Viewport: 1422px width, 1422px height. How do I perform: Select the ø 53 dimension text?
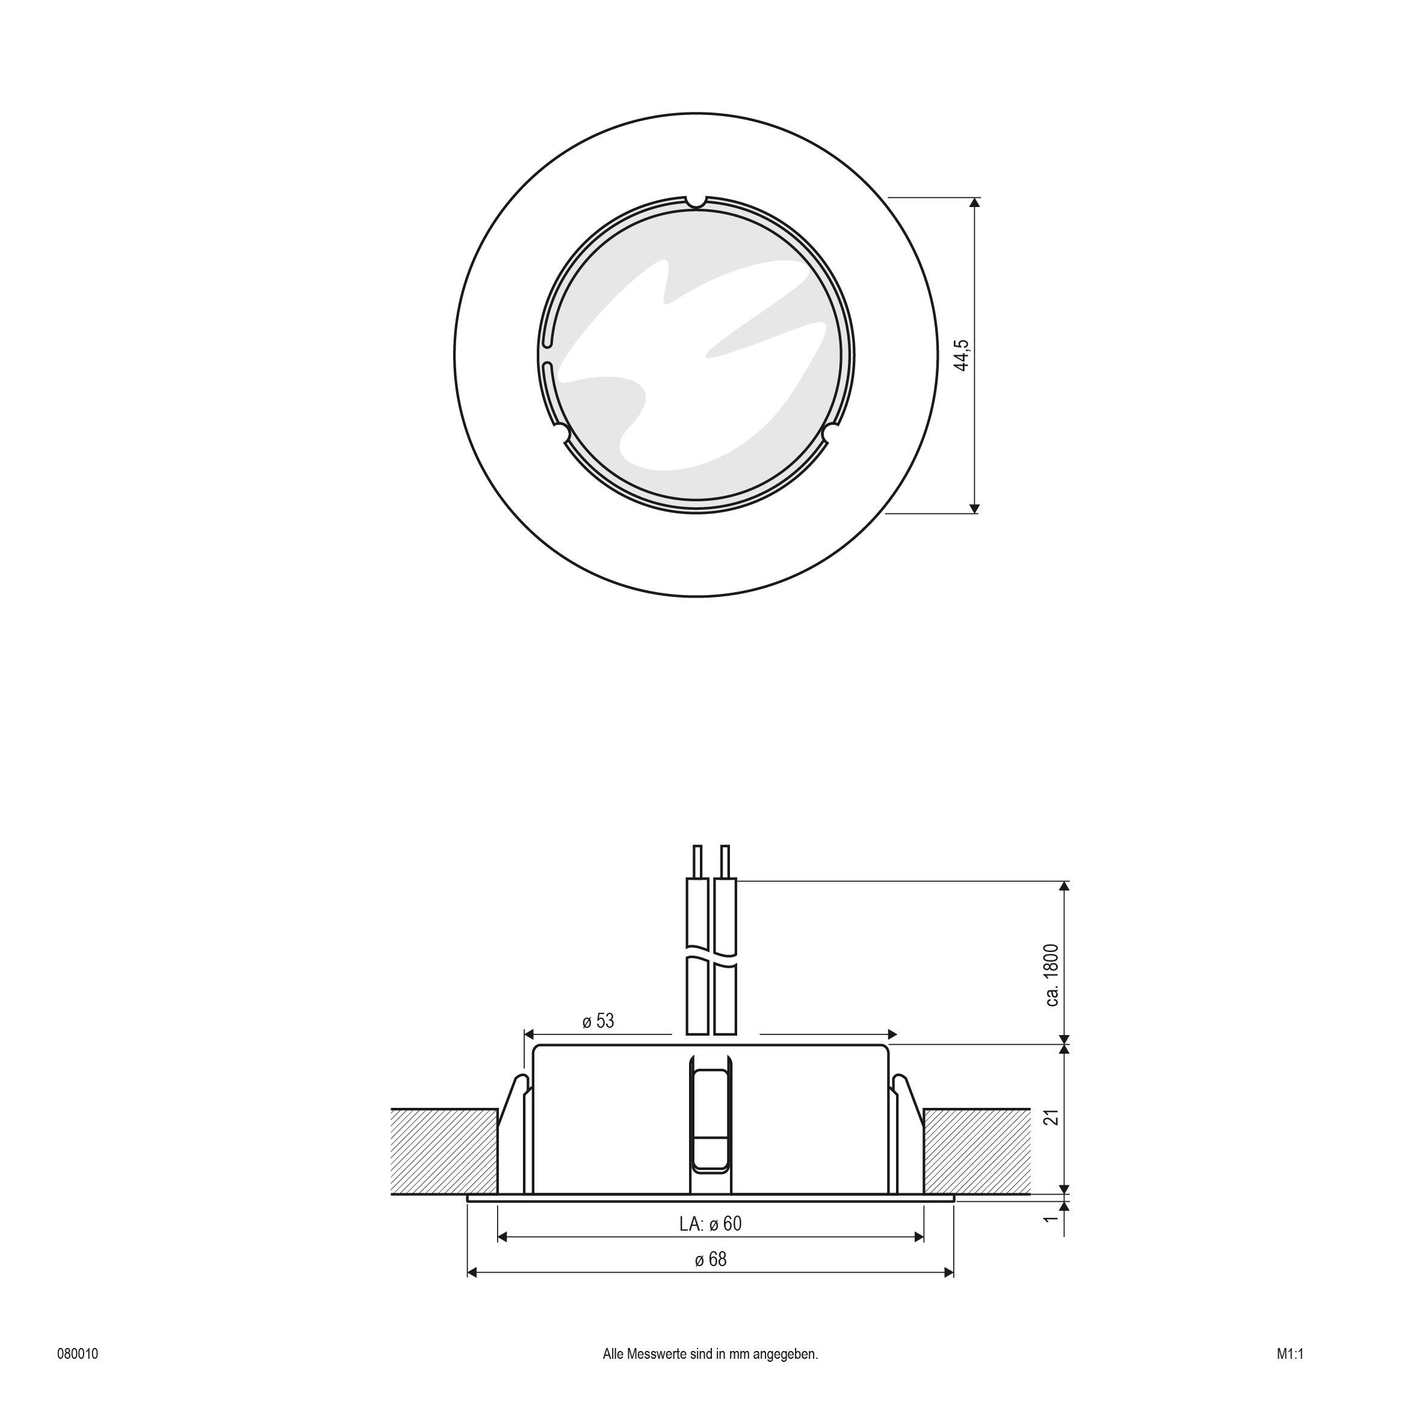tap(598, 1022)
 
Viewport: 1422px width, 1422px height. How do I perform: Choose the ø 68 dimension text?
tap(710, 1260)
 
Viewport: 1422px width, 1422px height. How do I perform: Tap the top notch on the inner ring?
tap(696, 201)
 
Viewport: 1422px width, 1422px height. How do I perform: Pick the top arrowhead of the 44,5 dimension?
tap(975, 202)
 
